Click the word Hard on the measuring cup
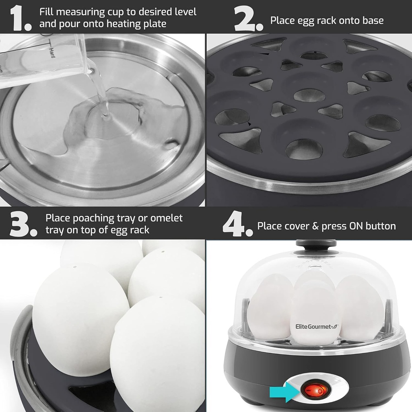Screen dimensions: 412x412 (51, 53)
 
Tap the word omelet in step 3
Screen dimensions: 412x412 (166, 218)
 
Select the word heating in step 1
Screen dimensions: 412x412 (124, 24)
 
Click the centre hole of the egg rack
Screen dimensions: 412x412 (309, 95)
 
